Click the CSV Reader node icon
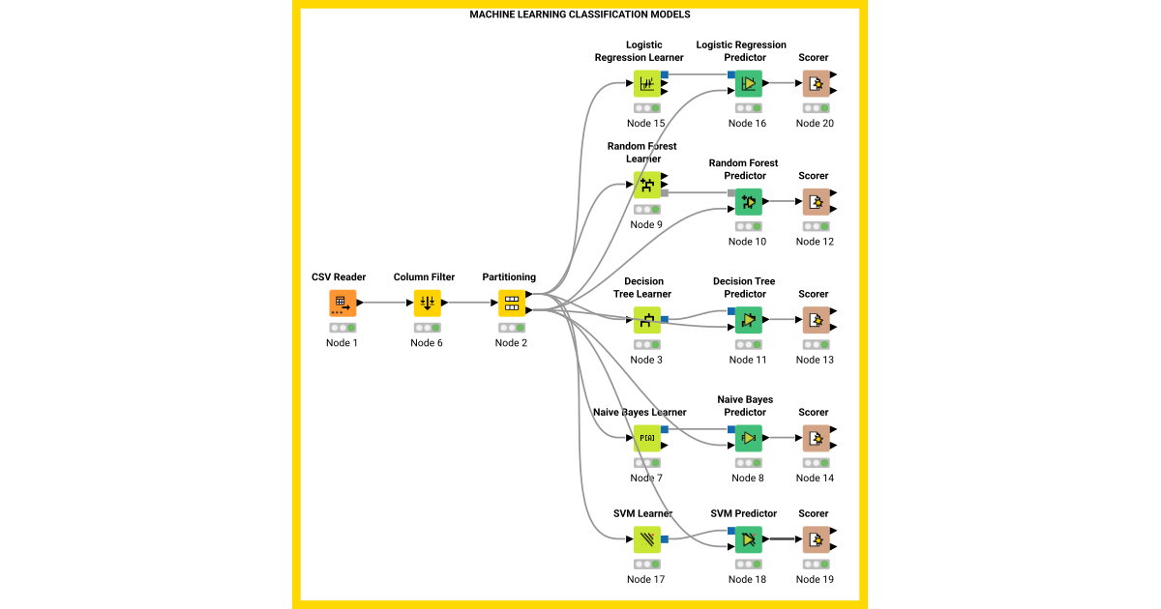(342, 303)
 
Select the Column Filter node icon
(427, 303)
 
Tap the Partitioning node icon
(511, 303)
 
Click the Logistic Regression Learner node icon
(646, 83)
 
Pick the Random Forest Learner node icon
(646, 185)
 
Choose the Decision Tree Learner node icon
(646, 320)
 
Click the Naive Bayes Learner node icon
(646, 438)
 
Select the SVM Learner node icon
(646, 539)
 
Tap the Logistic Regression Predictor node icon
(748, 83)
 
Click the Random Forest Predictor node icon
(748, 202)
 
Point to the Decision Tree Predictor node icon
(748, 320)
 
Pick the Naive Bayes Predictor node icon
(748, 438)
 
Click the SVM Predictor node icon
(748, 539)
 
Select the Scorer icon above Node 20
(815, 83)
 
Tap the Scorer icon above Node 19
(815, 539)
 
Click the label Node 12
(815, 242)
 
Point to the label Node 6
(427, 343)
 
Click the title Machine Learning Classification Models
(580, 14)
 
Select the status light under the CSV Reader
(342, 328)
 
